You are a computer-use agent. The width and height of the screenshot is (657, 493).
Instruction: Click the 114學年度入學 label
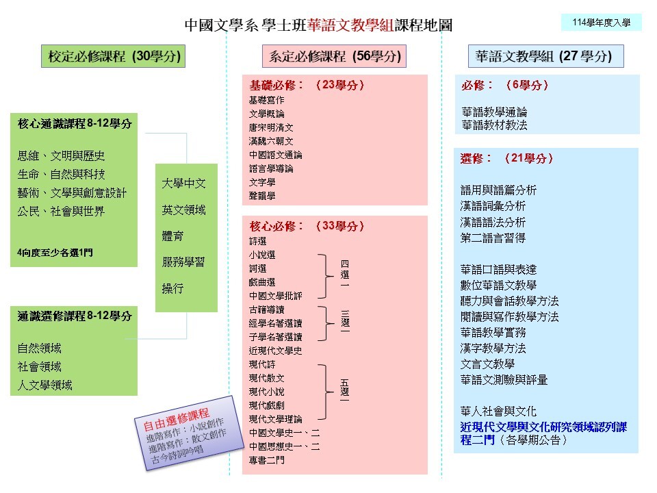coord(602,23)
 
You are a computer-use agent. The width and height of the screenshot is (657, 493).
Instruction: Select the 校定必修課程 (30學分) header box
coord(113,56)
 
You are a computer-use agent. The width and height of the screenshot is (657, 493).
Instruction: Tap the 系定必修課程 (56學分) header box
coord(334,56)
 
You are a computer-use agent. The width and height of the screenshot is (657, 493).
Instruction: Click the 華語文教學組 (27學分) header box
coord(545,56)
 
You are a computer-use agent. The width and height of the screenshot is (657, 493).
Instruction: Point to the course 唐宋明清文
coord(271,127)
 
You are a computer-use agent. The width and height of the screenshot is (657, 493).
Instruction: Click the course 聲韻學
coord(262,196)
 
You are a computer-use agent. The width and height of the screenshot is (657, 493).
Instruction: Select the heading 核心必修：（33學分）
coord(307,227)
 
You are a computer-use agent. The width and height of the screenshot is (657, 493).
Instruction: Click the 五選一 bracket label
coord(345,391)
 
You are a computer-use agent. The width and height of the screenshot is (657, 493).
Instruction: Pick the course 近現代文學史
coord(275,351)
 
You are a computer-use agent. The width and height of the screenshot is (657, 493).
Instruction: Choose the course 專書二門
coord(266,460)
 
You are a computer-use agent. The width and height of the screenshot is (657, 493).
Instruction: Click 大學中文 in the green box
coord(183,184)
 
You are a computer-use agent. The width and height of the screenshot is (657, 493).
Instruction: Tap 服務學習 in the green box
coord(183,262)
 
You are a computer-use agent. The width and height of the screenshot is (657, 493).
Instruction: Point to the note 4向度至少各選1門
coord(55,253)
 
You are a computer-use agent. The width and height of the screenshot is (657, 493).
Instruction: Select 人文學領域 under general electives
coord(45,385)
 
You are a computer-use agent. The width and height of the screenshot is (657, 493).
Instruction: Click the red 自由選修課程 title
coord(177,419)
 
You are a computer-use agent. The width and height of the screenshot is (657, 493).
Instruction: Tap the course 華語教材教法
coord(494,125)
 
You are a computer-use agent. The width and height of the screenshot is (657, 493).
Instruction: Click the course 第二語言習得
coord(493,238)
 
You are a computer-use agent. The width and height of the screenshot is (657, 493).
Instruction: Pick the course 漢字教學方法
coord(493,349)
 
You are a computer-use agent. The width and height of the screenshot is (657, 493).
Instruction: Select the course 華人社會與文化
coord(498,412)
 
